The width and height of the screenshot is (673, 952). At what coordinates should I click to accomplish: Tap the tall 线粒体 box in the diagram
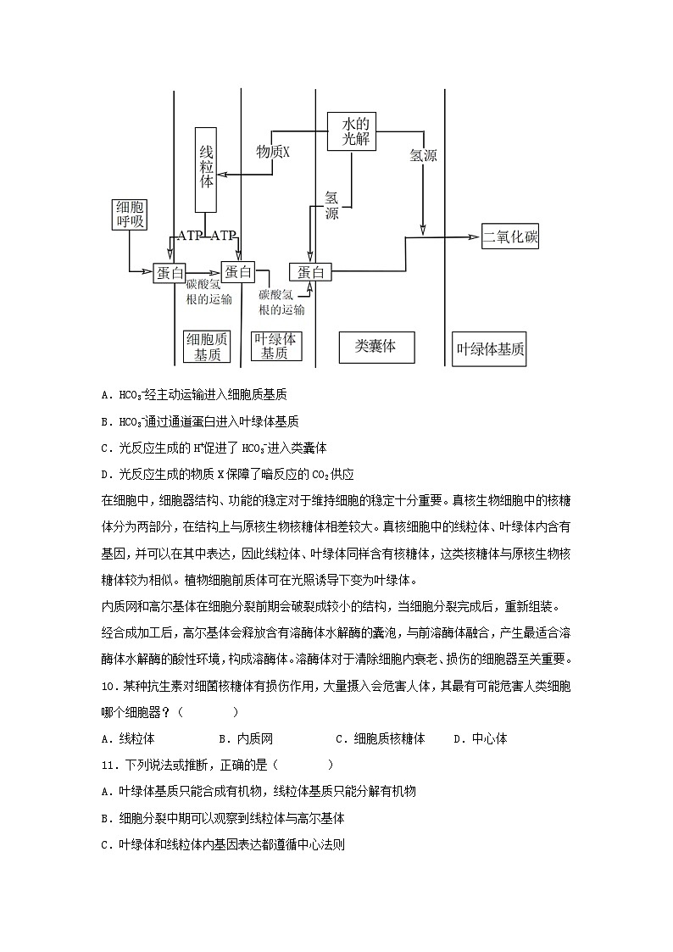click(206, 170)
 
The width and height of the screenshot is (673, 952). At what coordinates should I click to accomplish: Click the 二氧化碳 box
click(510, 236)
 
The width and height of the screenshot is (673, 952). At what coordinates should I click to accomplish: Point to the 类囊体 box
click(375, 347)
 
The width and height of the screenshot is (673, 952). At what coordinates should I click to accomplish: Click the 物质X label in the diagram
click(273, 152)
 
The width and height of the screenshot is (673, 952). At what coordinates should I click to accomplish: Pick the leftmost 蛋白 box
click(170, 272)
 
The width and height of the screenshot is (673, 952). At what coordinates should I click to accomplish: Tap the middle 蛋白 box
click(238, 271)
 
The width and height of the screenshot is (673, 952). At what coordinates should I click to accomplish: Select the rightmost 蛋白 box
click(310, 272)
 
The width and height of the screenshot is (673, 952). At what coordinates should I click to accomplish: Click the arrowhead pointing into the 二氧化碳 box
click(475, 237)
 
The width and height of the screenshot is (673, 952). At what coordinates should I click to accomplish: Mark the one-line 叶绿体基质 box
click(490, 348)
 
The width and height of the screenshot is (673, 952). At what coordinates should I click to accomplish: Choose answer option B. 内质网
click(246, 738)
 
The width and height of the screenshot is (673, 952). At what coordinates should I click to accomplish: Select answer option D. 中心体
click(480, 738)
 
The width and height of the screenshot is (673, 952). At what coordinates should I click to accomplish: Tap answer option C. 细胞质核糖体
click(380, 738)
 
